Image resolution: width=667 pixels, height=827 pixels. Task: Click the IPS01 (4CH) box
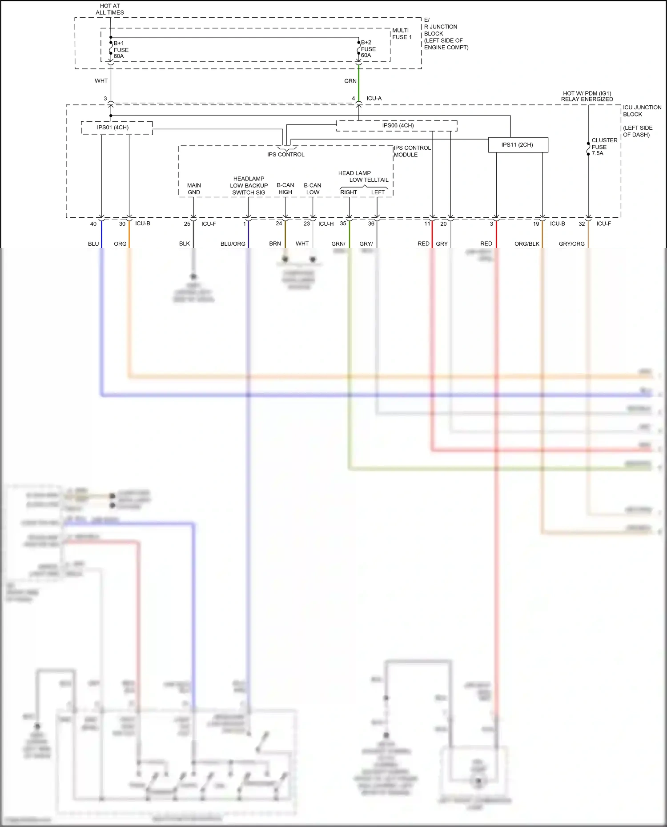point(113,128)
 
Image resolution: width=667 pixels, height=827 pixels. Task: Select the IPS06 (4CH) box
point(398,125)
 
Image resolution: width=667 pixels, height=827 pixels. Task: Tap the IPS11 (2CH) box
point(517,145)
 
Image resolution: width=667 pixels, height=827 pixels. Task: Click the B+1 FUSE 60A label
point(121,50)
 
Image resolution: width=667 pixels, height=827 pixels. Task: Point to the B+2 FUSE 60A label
point(368,49)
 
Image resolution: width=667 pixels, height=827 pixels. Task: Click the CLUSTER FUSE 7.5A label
point(604,147)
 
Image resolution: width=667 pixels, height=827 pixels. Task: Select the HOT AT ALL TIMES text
point(110,9)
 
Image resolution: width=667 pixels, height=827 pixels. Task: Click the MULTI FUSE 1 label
point(402,34)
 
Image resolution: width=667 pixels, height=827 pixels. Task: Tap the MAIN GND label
point(194,189)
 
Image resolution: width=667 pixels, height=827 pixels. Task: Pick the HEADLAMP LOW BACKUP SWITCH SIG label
point(249,186)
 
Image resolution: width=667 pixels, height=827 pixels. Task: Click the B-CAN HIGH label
point(285,189)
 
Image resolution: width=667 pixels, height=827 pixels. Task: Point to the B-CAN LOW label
point(313,189)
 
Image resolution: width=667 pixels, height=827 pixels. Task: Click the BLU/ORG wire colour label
point(233,244)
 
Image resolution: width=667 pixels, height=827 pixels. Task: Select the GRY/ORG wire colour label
point(571,244)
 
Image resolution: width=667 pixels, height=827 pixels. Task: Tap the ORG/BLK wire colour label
point(526,244)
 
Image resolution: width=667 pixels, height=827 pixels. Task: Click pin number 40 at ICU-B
point(93,224)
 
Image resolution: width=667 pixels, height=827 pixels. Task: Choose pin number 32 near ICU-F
point(582,224)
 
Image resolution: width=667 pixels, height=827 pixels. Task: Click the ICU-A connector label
point(374,98)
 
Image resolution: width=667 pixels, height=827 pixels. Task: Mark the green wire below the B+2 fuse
point(359,84)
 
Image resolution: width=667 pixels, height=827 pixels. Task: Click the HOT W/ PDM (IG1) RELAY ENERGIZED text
point(587,96)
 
